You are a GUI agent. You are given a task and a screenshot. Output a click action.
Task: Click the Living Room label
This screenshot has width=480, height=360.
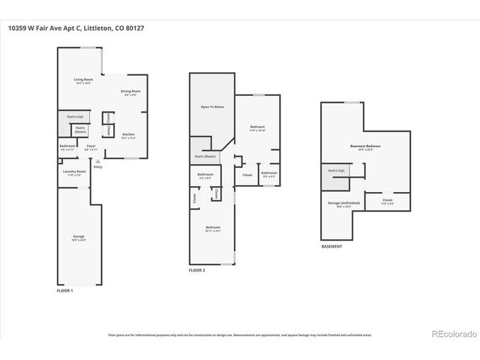(82, 80)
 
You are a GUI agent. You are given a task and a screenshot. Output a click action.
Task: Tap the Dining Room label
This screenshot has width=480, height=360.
(130, 92)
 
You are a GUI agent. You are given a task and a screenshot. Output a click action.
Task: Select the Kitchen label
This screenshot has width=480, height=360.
(128, 135)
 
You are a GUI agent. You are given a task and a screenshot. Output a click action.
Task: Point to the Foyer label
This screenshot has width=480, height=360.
(91, 146)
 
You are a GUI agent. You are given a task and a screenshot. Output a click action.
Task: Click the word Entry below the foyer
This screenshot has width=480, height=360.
(97, 166)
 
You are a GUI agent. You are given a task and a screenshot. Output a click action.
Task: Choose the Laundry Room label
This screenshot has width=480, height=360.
(75, 172)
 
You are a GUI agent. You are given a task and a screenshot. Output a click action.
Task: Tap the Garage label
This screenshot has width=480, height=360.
(79, 237)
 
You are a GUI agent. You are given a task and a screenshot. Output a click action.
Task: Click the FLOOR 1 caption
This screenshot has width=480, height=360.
(66, 289)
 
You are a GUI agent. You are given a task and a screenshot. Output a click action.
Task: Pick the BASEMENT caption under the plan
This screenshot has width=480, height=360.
(331, 247)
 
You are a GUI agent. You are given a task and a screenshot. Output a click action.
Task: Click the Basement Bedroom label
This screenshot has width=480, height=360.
(365, 147)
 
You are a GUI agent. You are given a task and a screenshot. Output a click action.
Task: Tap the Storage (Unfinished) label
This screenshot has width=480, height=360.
(344, 204)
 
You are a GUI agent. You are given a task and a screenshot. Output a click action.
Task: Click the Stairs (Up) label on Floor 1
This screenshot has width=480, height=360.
(74, 116)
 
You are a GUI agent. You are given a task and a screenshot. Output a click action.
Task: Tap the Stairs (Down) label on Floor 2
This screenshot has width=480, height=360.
(205, 156)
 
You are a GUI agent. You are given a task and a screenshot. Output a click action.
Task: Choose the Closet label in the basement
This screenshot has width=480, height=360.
(387, 200)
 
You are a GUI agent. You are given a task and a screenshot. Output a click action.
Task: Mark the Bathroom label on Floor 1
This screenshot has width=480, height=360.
(67, 146)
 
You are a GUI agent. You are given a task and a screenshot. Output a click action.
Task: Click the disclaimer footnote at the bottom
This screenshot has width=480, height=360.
(239, 334)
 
